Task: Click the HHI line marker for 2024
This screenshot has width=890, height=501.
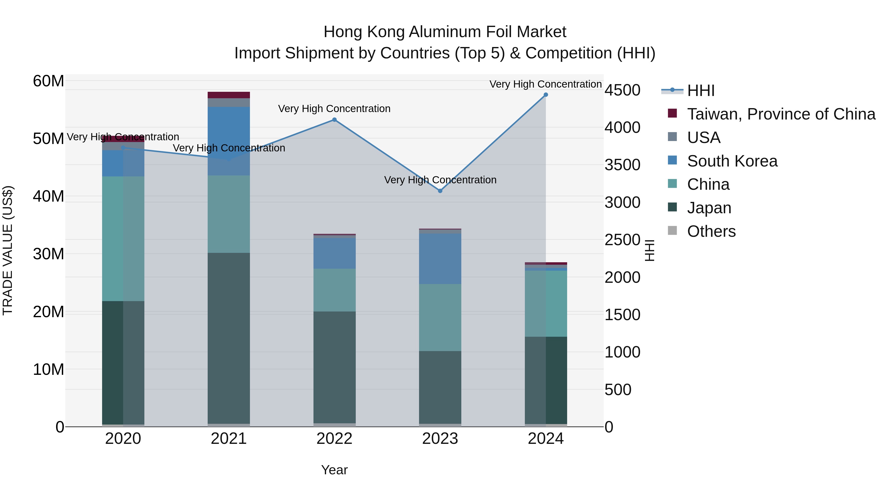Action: pyautogui.click(x=546, y=95)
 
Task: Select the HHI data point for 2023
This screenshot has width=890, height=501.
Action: pyautogui.click(x=440, y=191)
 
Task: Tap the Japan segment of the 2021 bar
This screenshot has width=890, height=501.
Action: pyautogui.click(x=229, y=338)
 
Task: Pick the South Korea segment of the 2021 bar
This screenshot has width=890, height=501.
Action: pyautogui.click(x=229, y=141)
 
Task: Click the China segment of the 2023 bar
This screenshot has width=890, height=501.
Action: pyautogui.click(x=440, y=317)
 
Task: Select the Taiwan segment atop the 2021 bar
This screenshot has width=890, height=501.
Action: pyautogui.click(x=229, y=95)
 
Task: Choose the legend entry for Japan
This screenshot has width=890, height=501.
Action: pyautogui.click(x=709, y=208)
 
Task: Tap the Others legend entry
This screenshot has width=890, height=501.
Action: pyautogui.click(x=711, y=231)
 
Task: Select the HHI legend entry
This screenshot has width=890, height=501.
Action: pyautogui.click(x=700, y=91)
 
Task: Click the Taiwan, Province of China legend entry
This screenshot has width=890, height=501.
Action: pyautogui.click(x=781, y=114)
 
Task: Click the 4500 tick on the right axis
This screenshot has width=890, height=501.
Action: pyautogui.click(x=622, y=90)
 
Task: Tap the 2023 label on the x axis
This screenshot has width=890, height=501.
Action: pyautogui.click(x=440, y=439)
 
